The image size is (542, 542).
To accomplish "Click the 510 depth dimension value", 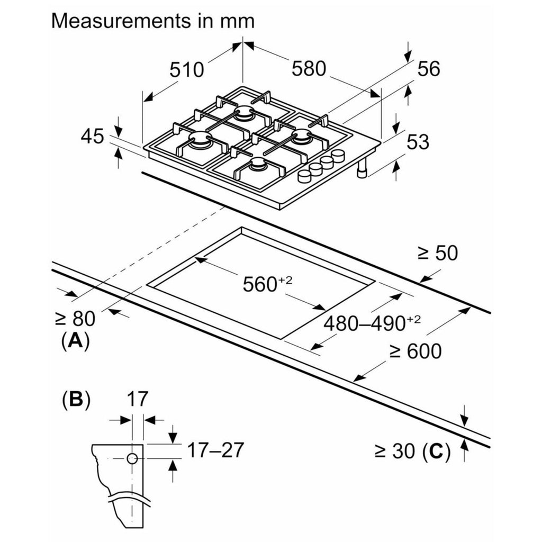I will pyautogui.click(x=187, y=69).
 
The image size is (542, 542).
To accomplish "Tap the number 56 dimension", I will pyautogui.click(x=428, y=69).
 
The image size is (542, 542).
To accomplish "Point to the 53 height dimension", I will pyautogui.click(x=417, y=142).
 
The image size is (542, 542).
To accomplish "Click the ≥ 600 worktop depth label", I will pyautogui.click(x=415, y=350).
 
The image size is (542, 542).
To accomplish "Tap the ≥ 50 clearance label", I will pyautogui.click(x=437, y=254).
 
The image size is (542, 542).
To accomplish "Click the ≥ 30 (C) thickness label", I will pyautogui.click(x=412, y=451).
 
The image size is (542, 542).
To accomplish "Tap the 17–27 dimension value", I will pyautogui.click(x=216, y=450).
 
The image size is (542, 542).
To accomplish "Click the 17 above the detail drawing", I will pyautogui.click(x=137, y=399).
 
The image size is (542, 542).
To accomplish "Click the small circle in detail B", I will pyautogui.click(x=132, y=458).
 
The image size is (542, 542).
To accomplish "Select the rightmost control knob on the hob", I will pyautogui.click(x=338, y=155).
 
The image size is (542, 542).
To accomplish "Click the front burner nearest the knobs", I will pyautogui.click(x=259, y=165).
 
